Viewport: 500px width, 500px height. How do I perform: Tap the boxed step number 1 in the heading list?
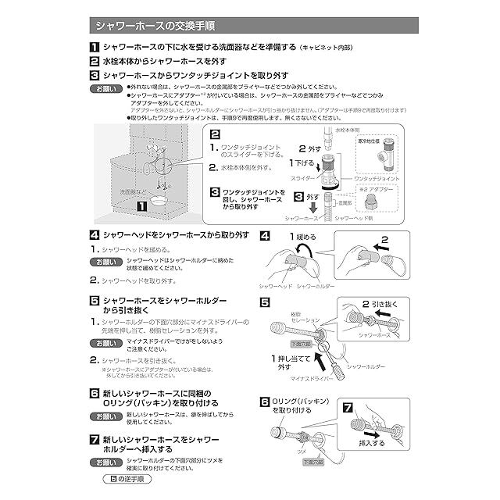click(94, 47)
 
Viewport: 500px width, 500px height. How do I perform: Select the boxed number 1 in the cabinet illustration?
click(141, 207)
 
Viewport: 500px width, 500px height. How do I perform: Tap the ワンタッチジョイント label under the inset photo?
click(377, 179)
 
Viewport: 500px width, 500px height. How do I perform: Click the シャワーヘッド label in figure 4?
click(280, 287)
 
